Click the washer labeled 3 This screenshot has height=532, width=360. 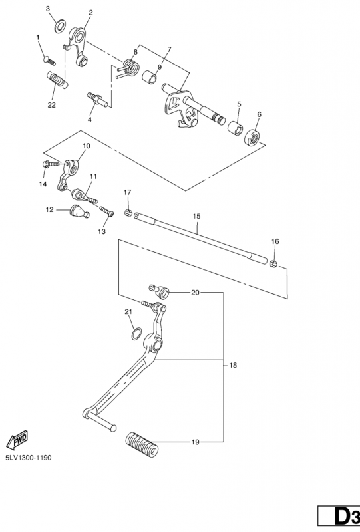pos(60,26)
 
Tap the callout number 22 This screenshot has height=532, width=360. pos(51,105)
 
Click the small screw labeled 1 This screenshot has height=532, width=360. pos(49,61)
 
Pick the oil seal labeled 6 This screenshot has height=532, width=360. pos(252,138)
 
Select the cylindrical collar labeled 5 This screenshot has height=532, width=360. pos(235,129)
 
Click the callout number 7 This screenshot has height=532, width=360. pos(169,49)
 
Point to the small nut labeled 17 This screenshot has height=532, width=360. pos(128,213)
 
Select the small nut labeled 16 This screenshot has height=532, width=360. pos(273,263)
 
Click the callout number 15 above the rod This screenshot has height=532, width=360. pos(197,216)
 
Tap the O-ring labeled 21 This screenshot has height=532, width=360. pos(136,334)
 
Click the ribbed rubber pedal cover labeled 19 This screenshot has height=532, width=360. pos(142,442)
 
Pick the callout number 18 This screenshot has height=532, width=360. pos(233,365)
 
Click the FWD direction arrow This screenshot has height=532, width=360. pos(17,441)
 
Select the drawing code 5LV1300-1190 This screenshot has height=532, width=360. pos(28,458)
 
